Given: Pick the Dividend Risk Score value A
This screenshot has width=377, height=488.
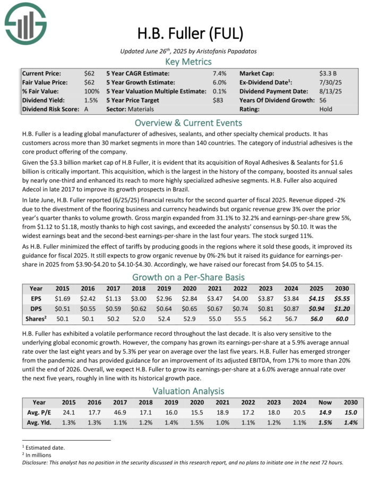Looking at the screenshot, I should [x=87, y=109].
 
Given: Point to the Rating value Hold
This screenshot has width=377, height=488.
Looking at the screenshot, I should [x=325, y=109].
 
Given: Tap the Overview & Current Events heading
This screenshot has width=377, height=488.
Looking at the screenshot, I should [x=188, y=123].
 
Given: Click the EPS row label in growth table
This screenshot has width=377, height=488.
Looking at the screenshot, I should [x=36, y=299].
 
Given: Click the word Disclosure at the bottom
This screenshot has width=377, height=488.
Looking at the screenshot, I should [x=37, y=462].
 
